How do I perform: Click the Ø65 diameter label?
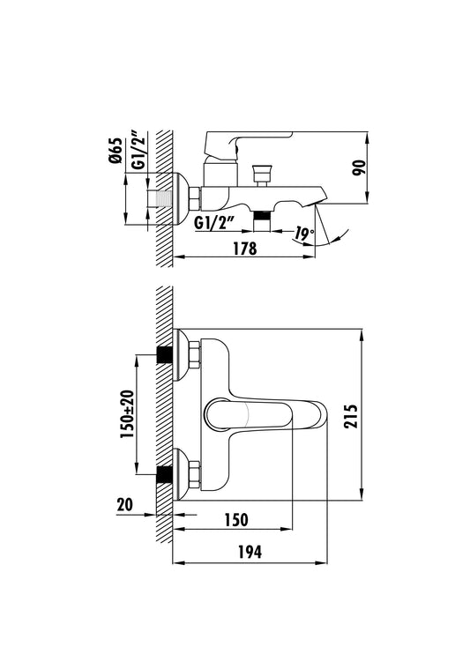pyautogui.click(x=116, y=151)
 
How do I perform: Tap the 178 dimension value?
pyautogui.click(x=244, y=249)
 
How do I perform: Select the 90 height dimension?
pyautogui.click(x=359, y=167)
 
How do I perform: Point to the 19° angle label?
pyautogui.click(x=303, y=234)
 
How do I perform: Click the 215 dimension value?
pyautogui.click(x=351, y=416)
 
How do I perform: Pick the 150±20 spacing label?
pyautogui.click(x=127, y=413)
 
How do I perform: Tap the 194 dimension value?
pyautogui.click(x=250, y=552)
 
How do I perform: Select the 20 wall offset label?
pyautogui.click(x=125, y=505)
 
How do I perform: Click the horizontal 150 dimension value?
pyautogui.click(x=236, y=520)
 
